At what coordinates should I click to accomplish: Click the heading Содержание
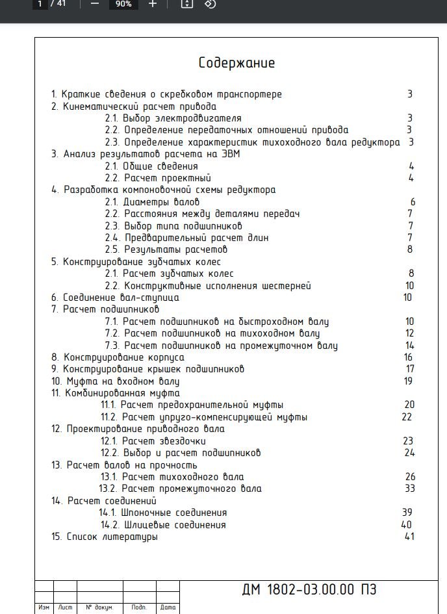coord(236,63)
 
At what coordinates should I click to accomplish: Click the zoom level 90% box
coord(123,4)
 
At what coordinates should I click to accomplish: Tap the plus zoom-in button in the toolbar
coord(153,4)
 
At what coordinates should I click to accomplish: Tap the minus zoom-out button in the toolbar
coord(95,4)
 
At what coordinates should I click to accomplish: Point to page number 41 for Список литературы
coord(409,537)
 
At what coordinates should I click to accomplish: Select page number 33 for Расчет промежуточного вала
coord(409,489)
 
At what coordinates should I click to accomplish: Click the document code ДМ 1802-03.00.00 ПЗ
coord(309,590)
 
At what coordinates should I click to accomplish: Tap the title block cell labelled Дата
coord(168,608)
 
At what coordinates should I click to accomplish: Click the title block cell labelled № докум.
coord(99,608)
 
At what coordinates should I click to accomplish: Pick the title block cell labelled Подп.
coord(139,608)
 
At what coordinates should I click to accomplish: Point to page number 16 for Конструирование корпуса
coord(408,357)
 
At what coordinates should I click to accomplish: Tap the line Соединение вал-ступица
coord(115,298)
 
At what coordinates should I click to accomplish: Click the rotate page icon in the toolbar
coord(209,4)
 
